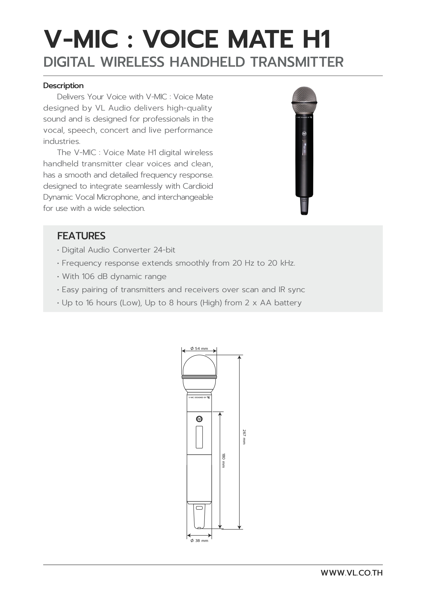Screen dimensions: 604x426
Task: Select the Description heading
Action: tap(63, 86)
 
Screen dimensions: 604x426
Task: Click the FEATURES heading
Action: tap(81, 236)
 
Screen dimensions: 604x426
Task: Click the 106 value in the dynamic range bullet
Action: tap(88, 277)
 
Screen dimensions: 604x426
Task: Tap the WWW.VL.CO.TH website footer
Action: tap(351, 573)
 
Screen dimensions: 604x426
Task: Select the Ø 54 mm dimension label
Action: tap(199, 349)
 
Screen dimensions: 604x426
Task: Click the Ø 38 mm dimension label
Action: tap(199, 541)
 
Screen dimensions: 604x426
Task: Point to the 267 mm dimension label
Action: tap(244, 437)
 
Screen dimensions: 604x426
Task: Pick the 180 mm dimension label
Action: tap(223, 460)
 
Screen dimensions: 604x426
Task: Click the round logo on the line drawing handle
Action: tap(199, 419)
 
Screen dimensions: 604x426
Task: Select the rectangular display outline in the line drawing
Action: tap(199, 437)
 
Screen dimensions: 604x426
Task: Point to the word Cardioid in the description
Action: tap(198, 186)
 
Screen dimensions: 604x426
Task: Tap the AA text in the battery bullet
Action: tap(265, 303)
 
